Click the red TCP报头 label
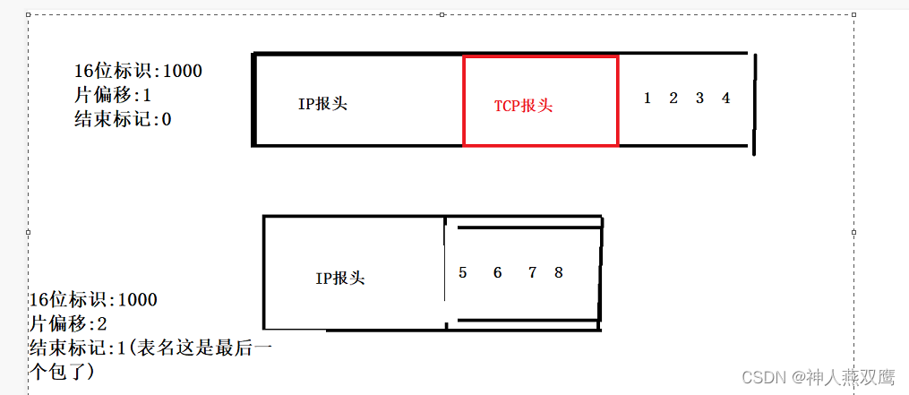point(524,106)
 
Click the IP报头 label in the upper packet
point(322,104)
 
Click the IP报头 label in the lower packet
point(340,279)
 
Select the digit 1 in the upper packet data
point(647,99)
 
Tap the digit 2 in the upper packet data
point(673,99)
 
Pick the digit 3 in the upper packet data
point(699,99)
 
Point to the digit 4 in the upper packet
point(725,99)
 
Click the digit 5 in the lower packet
point(463,272)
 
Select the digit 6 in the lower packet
point(497,272)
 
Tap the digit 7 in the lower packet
point(532,272)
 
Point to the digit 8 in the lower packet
point(559,272)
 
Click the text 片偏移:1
point(113,95)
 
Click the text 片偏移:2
point(68,323)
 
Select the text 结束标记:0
point(123,119)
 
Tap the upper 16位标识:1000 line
point(139,71)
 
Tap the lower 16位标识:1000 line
point(93,299)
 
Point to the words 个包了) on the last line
point(62,370)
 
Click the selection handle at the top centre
point(442,14)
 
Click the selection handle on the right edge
point(853,232)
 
